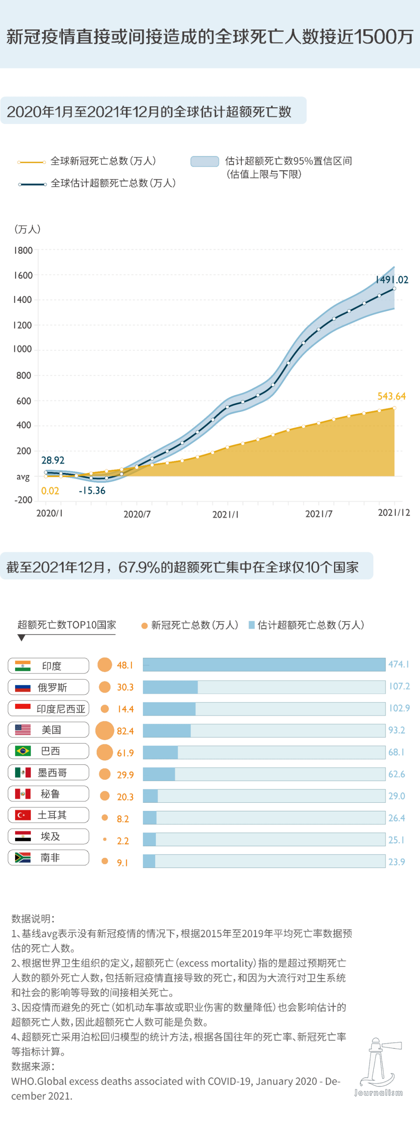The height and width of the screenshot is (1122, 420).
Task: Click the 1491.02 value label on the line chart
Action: point(392,280)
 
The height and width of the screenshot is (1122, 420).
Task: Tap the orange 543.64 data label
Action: point(391,396)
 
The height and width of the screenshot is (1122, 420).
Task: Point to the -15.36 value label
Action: point(92,490)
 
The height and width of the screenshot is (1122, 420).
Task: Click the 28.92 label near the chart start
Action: point(53,460)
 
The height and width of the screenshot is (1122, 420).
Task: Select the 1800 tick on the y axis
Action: point(23,250)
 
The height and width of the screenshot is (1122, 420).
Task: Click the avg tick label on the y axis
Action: point(23,476)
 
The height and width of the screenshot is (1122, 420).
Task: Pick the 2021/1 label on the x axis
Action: point(225,515)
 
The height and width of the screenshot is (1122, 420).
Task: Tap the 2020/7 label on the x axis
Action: point(137,515)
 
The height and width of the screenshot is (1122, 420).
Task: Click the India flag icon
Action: point(23,665)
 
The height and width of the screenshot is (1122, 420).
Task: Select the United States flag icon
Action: point(23,730)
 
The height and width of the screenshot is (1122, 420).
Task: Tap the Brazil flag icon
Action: point(23,751)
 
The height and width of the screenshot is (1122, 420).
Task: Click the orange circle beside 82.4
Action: point(105,730)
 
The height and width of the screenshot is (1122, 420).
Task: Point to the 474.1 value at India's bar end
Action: point(399,664)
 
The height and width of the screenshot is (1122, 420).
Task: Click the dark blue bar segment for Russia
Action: point(170,687)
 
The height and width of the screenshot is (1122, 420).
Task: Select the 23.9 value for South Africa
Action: point(397,861)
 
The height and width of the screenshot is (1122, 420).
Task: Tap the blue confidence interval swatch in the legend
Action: point(204,161)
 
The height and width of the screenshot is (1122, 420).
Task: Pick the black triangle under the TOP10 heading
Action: point(21,638)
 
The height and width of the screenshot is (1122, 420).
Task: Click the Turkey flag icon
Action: point(23,815)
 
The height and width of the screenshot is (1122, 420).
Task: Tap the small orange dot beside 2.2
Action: point(105,839)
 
